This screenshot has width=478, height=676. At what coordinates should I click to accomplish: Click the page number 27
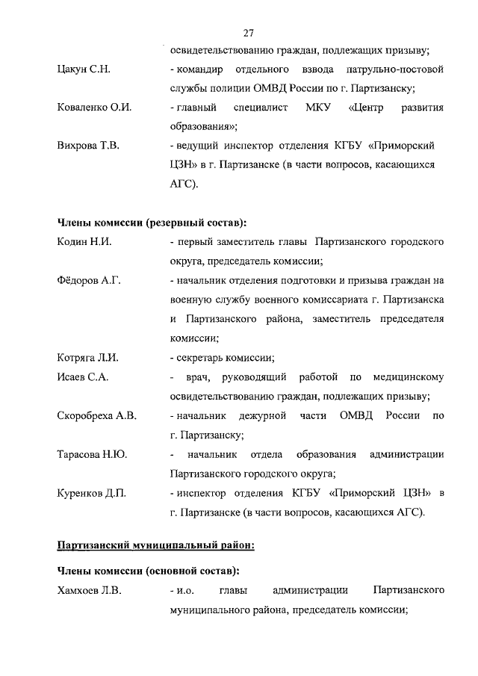pos(249,32)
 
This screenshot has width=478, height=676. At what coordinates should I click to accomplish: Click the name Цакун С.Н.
pos(86,69)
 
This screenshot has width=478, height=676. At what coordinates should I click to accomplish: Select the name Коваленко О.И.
pos(95,108)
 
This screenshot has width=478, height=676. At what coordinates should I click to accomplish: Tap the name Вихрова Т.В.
pos(88,145)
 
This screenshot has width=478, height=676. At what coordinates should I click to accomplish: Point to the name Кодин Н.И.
pos(84,243)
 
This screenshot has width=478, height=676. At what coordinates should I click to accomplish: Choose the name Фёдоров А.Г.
pos(89,281)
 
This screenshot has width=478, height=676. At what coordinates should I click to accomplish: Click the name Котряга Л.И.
pos(87,358)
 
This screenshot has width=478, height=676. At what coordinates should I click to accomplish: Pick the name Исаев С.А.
pos(83,377)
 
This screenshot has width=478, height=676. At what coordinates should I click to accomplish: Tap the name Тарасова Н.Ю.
pos(92,454)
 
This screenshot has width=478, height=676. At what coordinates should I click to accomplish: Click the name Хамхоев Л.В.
pos(90,591)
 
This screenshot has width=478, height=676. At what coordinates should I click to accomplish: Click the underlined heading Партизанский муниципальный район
pos(156,545)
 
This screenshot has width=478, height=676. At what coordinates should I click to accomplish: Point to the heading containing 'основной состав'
pos(149,571)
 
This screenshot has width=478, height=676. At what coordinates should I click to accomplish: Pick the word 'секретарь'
pos(201,358)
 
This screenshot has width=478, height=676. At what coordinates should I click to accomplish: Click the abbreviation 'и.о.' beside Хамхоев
pos(185,591)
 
